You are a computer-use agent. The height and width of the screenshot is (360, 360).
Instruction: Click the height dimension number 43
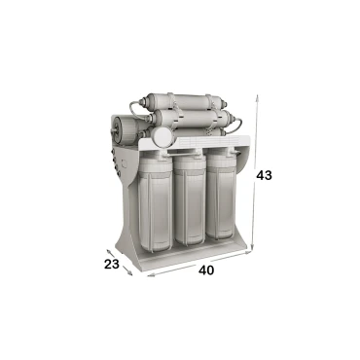click(x=264, y=175)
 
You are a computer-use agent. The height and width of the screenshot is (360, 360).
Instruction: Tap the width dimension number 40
click(x=206, y=270)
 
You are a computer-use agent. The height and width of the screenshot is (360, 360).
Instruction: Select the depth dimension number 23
click(x=112, y=265)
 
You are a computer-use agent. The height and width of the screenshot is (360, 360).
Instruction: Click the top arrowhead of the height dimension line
click(x=257, y=96)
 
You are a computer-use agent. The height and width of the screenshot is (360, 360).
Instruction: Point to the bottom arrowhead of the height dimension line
click(x=252, y=248)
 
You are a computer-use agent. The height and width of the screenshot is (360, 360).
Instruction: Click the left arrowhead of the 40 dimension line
click(x=150, y=275)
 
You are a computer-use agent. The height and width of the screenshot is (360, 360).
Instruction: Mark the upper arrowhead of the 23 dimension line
click(x=108, y=250)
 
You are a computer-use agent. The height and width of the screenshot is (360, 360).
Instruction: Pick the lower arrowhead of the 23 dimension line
click(x=130, y=273)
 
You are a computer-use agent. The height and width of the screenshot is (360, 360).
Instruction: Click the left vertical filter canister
click(x=155, y=202)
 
